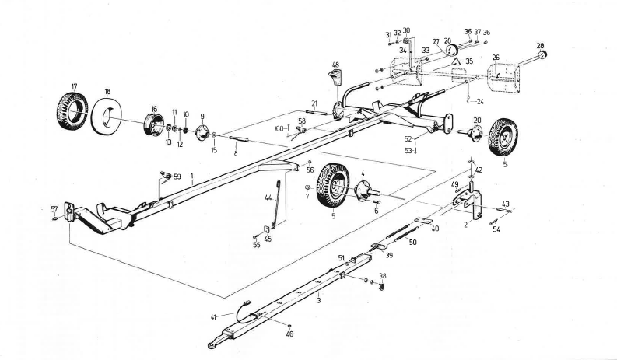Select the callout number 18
tap(107, 91)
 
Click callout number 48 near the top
tap(335, 65)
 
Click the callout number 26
tap(496, 57)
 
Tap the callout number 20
tap(477, 120)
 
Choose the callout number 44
tap(268, 198)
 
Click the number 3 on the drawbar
tap(318, 299)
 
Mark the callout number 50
tap(412, 243)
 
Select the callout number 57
tap(54, 209)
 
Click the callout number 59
tap(177, 177)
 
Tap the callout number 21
tap(315, 103)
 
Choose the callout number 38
tap(381, 276)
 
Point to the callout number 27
tap(436, 43)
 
